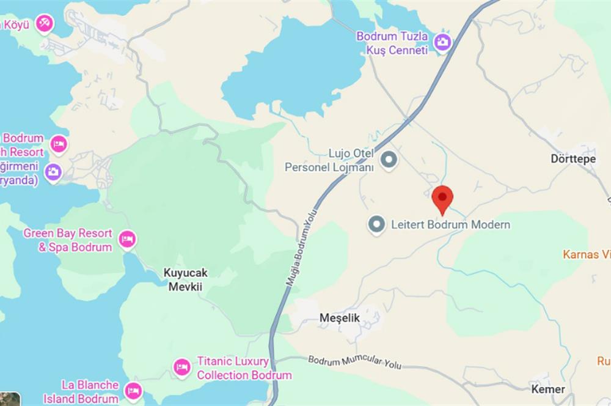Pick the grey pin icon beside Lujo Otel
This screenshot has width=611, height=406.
click(x=389, y=160)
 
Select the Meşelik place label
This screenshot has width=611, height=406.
click(x=340, y=318)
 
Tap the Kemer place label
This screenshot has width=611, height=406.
click(x=548, y=389)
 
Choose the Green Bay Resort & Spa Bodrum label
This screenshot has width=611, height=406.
click(x=68, y=240)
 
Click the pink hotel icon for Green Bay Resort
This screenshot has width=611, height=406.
click(x=127, y=239)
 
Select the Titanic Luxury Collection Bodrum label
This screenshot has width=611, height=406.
click(x=244, y=368)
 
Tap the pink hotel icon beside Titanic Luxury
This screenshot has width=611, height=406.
click(x=181, y=367)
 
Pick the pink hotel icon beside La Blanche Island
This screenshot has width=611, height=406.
click(x=133, y=390)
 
